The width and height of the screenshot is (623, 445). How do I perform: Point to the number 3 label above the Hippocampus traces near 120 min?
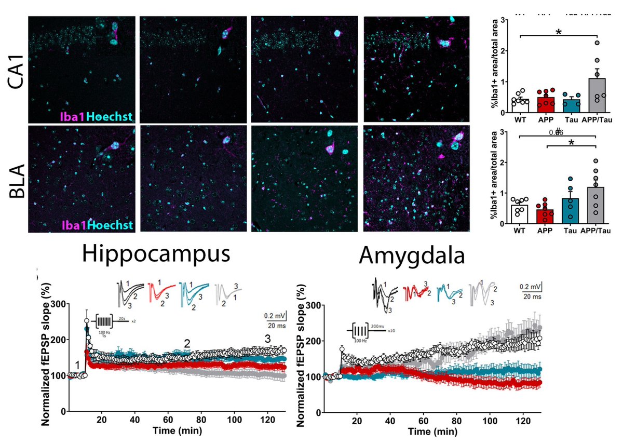click(x=268, y=339)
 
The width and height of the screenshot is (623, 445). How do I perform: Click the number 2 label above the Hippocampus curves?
click(x=187, y=343)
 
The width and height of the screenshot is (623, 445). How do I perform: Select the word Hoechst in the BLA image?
click(x=110, y=225)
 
